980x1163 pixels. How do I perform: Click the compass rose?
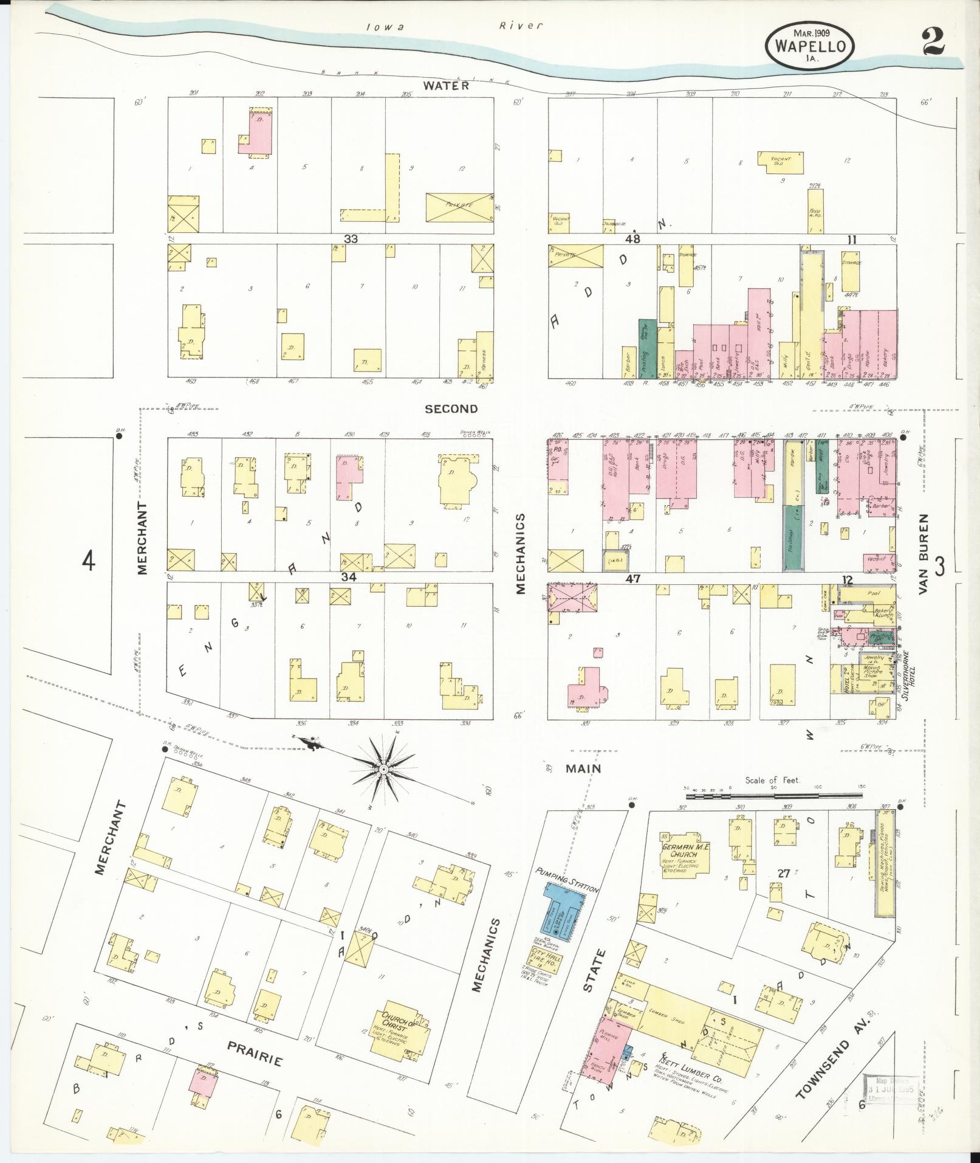[x=383, y=770]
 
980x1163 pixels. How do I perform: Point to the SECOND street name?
[x=451, y=409]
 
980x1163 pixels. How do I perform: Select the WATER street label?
[x=446, y=86]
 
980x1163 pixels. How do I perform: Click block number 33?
[x=350, y=239]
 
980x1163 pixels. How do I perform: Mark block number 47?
[x=634, y=579]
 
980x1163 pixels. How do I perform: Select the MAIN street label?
[x=583, y=768]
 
